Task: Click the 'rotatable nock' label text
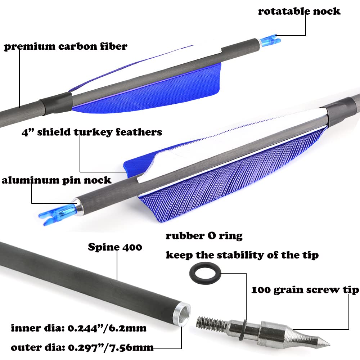[299, 11]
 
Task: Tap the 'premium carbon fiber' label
[66, 46]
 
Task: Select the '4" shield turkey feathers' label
[92, 132]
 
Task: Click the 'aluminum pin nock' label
[57, 180]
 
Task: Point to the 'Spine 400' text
[115, 247]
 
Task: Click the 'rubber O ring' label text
[204, 236]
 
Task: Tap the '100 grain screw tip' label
[305, 290]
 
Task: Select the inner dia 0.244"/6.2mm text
[78, 328]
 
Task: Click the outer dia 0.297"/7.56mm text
[82, 347]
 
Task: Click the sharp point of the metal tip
[330, 345]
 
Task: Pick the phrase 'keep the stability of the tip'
[242, 255]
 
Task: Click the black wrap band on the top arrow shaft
[55, 103]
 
